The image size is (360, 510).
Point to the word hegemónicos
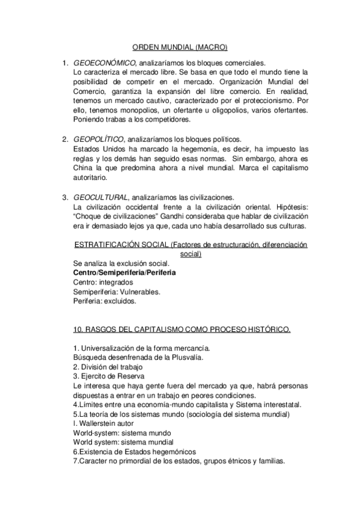coord(172,452)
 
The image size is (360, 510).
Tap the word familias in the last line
coord(268,462)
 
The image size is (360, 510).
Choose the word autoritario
coord(90,178)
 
